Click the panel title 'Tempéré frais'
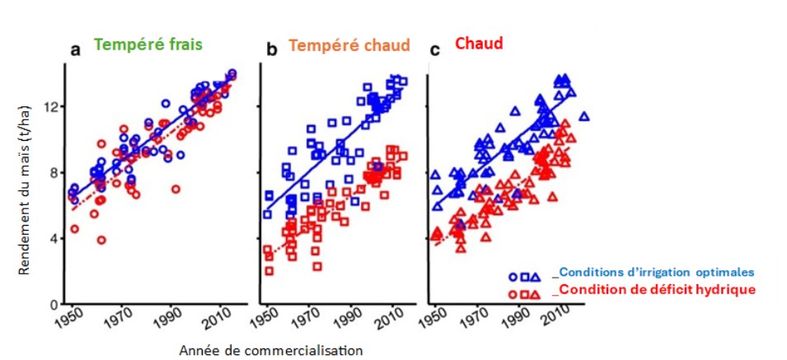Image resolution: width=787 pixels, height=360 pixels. click(x=148, y=44)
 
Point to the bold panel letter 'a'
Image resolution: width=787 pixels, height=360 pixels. click(x=75, y=50)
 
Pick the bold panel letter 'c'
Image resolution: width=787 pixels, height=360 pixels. click(x=435, y=50)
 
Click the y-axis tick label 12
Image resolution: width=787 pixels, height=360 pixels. click(x=52, y=106)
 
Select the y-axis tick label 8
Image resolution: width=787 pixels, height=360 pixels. click(x=55, y=172)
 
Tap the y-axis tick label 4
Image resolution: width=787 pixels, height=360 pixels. click(x=55, y=238)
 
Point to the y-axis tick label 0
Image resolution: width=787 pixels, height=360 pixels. click(x=55, y=304)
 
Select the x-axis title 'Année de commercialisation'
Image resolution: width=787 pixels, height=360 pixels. click(x=270, y=350)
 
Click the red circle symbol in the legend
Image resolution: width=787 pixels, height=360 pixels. click(x=513, y=293)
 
